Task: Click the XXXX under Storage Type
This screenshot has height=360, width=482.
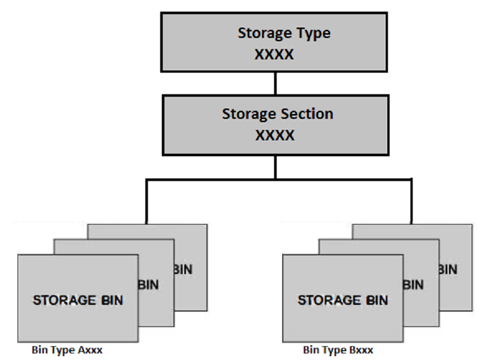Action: point(274,54)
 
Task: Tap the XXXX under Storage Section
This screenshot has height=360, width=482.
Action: point(275,135)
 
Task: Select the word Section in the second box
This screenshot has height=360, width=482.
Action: point(308,114)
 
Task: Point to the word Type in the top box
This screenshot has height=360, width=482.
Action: point(312,33)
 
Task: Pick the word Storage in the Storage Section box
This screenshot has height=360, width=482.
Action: point(245,114)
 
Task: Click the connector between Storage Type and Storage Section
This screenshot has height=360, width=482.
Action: point(275,83)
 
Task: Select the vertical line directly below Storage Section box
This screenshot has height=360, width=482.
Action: point(275,166)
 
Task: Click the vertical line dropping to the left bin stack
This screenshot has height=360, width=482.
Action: point(146,201)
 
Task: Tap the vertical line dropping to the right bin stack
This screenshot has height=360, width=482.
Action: point(411,201)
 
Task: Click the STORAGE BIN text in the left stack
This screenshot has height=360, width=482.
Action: point(78,301)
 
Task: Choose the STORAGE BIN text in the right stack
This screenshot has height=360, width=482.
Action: point(343,301)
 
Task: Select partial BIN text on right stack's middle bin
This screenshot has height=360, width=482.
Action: point(414,285)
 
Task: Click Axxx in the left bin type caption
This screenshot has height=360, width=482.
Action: point(89,350)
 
